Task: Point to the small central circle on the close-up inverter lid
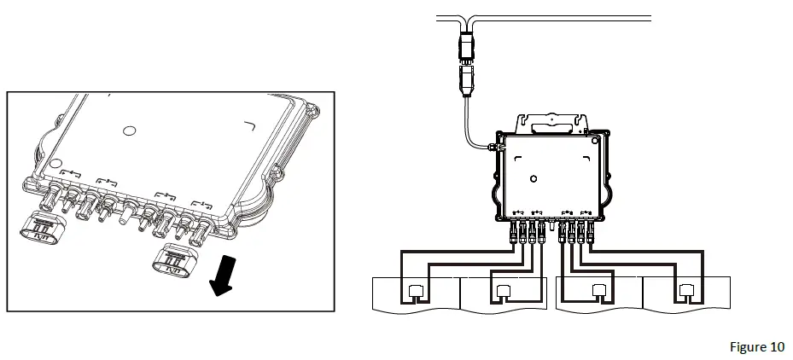click(x=129, y=131)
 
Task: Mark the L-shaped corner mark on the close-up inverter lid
click(x=250, y=127)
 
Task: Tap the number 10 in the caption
click(x=776, y=346)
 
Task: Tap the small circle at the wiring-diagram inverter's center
click(x=533, y=179)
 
